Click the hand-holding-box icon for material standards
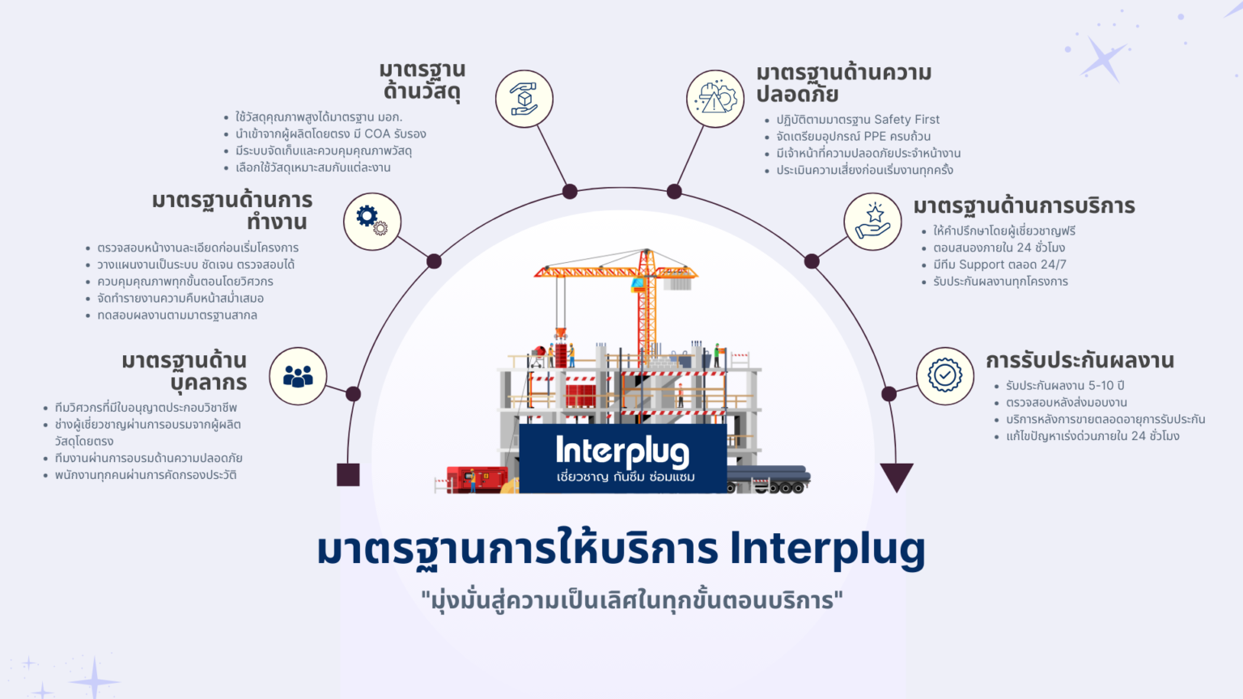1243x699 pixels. tap(524, 99)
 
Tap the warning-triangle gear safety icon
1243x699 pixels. tap(715, 99)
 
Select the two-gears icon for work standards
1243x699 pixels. tap(372, 221)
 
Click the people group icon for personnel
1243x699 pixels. tap(298, 376)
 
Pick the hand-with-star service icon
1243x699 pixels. tap(872, 222)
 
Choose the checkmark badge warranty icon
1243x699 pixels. tap(944, 375)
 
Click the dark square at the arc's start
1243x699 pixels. tap(348, 475)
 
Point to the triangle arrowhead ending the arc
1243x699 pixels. tap(896, 476)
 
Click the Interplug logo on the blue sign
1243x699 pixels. tap(622, 452)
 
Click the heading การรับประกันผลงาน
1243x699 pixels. tap(1080, 360)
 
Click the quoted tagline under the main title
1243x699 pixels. tap(631, 601)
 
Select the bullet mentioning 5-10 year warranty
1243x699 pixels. tap(1065, 386)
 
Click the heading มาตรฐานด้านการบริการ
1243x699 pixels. tap(1024, 205)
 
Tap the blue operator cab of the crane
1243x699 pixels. tap(638, 284)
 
